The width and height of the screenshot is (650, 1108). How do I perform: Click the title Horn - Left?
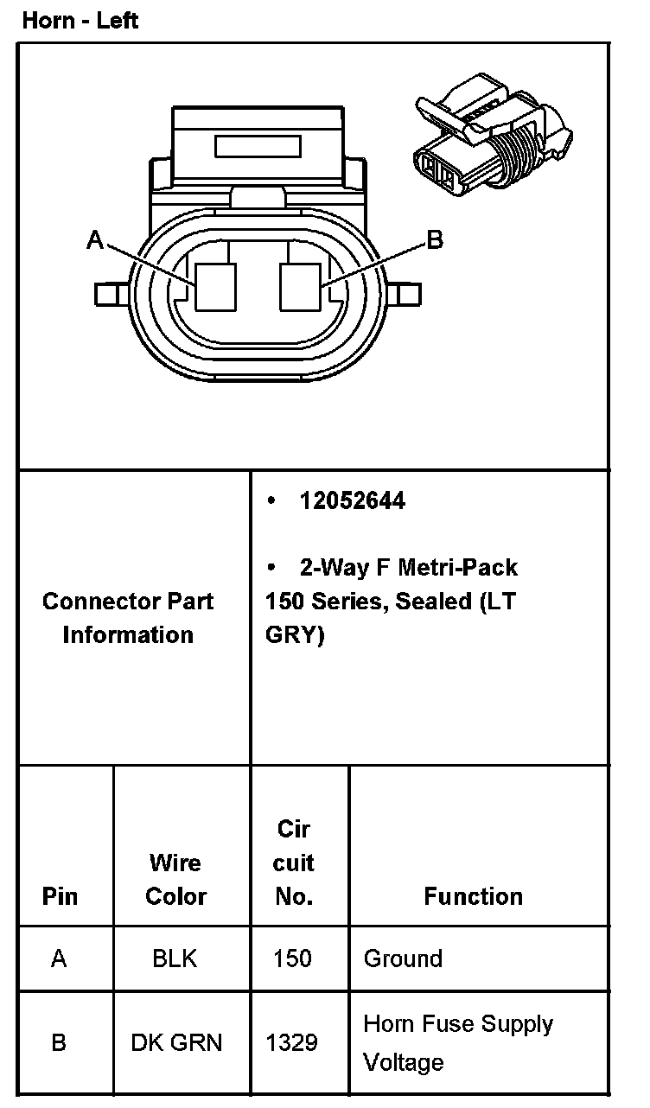pyautogui.click(x=80, y=20)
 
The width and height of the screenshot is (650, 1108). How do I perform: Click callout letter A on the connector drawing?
pyautogui.click(x=95, y=239)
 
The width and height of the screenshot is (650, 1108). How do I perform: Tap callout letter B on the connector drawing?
pyautogui.click(x=435, y=239)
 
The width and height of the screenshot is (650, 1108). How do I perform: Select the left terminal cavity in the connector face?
pyautogui.click(x=215, y=286)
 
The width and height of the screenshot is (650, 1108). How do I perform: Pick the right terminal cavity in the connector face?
pyautogui.click(x=301, y=286)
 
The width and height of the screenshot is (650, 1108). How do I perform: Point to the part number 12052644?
pyautogui.click(x=352, y=501)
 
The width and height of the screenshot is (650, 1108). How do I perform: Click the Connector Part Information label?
pyautogui.click(x=128, y=618)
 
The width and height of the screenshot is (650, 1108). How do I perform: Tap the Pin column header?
pyautogui.click(x=60, y=896)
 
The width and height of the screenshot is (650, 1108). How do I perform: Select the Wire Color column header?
pyautogui.click(x=175, y=879)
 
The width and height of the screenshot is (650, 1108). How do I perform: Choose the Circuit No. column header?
pyautogui.click(x=294, y=863)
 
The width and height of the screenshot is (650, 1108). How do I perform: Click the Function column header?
pyautogui.click(x=473, y=896)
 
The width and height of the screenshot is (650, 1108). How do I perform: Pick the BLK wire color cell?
pyautogui.click(x=175, y=958)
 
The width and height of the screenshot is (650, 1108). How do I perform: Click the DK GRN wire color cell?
pyautogui.click(x=176, y=1042)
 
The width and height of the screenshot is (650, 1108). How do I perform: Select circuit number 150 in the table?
pyautogui.click(x=292, y=958)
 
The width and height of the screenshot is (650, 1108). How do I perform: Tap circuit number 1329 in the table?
pyautogui.click(x=292, y=1042)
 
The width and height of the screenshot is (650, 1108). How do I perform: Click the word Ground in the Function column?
pyautogui.click(x=403, y=958)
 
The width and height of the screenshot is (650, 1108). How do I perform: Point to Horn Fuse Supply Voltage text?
pyautogui.click(x=457, y=1042)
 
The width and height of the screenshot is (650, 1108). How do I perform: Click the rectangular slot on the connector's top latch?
pyautogui.click(x=257, y=146)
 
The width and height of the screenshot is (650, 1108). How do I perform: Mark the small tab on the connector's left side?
pyautogui.click(x=111, y=295)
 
